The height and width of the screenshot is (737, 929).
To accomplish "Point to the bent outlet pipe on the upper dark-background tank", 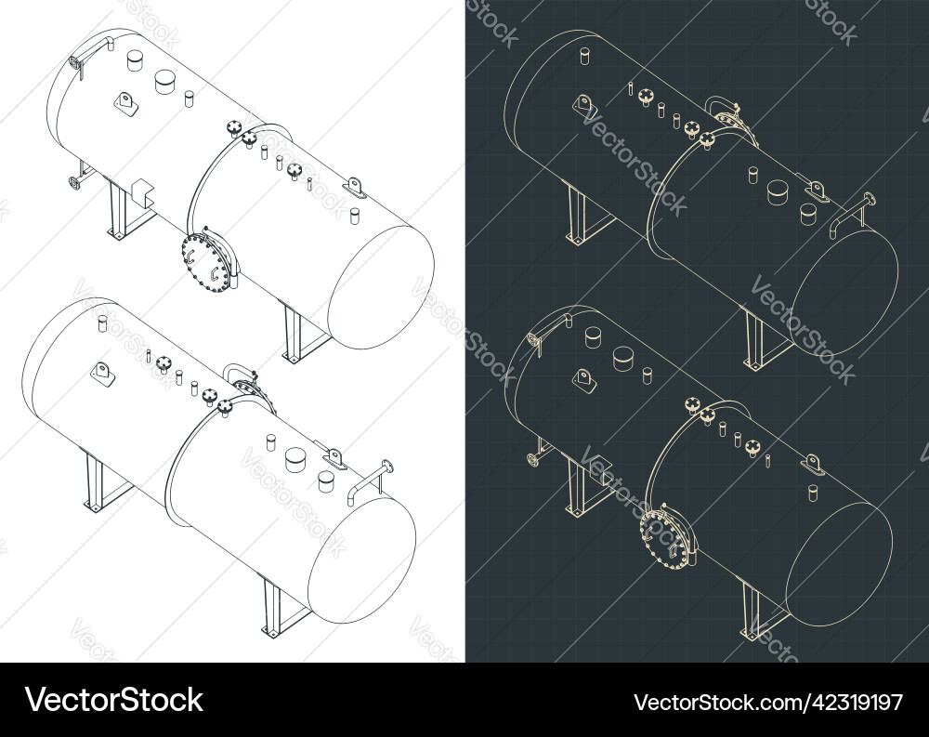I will point(852,213).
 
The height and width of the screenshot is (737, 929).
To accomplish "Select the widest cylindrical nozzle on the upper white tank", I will point(166,82).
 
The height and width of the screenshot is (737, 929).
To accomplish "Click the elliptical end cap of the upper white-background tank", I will point(381,288).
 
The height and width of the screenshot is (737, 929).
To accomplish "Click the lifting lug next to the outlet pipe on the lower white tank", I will point(334,456).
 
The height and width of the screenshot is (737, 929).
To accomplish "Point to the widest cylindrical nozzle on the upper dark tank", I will point(778,191).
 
